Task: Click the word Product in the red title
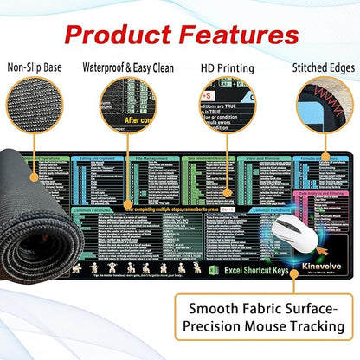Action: coord(121,35)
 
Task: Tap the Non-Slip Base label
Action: coord(34,66)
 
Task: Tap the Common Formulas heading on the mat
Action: coord(91,209)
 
